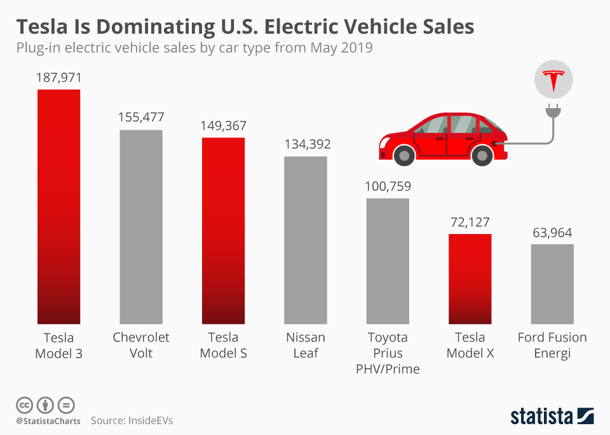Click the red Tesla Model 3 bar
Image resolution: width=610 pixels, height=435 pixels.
[58, 207]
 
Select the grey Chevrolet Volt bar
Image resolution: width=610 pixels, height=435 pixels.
[141, 227]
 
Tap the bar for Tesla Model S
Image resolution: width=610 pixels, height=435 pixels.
[223, 231]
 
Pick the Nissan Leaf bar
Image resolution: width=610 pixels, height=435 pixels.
[306, 240]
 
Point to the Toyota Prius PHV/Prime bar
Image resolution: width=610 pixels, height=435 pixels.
[388, 261]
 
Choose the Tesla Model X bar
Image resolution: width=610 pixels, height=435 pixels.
[470, 279]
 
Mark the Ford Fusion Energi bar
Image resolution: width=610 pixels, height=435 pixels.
[552, 284]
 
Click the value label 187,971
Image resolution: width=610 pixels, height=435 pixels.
[58, 78]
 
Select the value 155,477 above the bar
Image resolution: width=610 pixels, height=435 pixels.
[141, 118]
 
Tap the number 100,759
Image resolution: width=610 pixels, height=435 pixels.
[388, 186]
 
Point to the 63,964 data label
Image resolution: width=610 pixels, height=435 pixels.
[552, 232]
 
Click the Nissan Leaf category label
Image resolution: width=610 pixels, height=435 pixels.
[306, 345]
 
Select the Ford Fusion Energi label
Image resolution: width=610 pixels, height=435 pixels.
[552, 345]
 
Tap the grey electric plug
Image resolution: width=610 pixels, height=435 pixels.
[553, 113]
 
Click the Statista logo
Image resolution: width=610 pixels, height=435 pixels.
[552, 417]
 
